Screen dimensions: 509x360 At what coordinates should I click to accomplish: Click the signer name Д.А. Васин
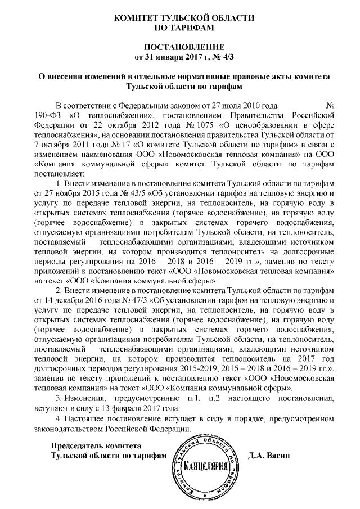(269, 456)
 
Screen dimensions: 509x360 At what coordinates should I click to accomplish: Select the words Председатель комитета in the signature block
(90, 445)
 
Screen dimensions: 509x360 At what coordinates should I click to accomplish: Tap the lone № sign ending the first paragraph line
(331, 106)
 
